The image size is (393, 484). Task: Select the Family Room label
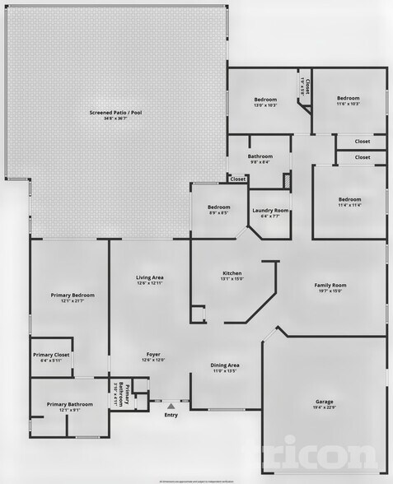330,285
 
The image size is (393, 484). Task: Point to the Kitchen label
232,273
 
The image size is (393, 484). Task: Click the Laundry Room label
269,211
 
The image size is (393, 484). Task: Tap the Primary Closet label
51,355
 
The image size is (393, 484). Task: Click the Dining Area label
225,365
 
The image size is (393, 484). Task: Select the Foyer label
154,354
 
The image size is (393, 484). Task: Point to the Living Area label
150,277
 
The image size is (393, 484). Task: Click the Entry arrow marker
171,405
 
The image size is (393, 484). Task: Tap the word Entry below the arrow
171,414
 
